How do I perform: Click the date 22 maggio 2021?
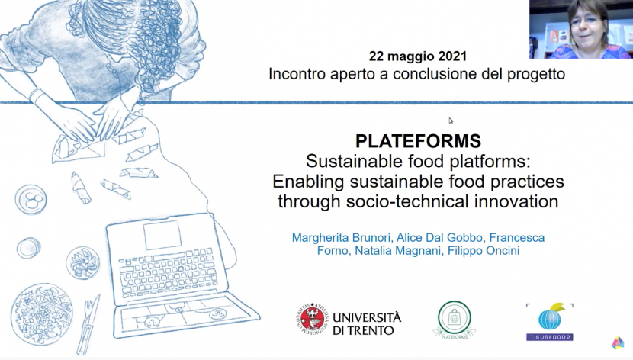pos(417,56)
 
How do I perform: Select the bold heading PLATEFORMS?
pos(418,141)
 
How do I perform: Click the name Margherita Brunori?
pos(342,237)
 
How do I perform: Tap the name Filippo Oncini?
pos(483,251)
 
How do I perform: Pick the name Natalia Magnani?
pos(397,251)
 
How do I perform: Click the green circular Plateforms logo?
pos(455,320)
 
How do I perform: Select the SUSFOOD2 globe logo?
pos(549,322)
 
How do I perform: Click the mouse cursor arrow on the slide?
pos(451,121)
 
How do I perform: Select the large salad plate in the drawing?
pos(42,314)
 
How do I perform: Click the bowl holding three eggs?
pos(31,199)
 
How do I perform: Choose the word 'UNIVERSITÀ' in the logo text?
pos(367,317)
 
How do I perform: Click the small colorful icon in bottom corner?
pos(618,342)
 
